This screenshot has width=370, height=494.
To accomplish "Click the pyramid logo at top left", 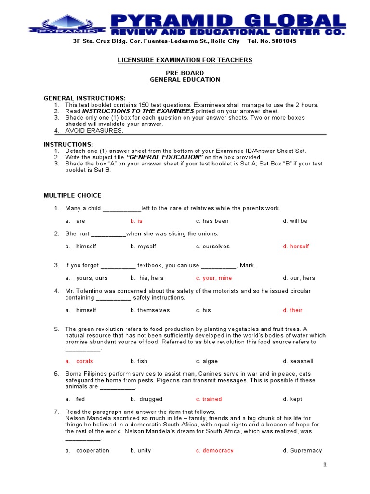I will (x=66, y=24).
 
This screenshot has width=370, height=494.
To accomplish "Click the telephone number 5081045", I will (x=283, y=41).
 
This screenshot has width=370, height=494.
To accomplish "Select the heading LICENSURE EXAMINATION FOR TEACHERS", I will (x=185, y=60).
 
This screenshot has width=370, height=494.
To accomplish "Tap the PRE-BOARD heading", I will (x=185, y=73).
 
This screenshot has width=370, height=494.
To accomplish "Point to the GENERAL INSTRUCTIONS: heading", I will (x=85, y=98).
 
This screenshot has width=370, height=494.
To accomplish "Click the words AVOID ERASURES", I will (x=94, y=131).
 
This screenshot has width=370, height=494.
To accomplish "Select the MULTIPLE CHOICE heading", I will (x=72, y=196).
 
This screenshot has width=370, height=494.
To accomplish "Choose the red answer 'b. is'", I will (x=136, y=221).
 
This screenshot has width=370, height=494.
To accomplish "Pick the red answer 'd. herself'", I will (x=296, y=247).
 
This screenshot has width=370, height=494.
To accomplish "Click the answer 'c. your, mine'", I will (x=213, y=278).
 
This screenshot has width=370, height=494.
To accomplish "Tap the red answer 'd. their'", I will (x=292, y=310).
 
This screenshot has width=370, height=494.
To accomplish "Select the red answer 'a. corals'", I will (x=79, y=361).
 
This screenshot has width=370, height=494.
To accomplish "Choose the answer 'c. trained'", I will (x=209, y=399).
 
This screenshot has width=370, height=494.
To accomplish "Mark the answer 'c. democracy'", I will (x=214, y=451).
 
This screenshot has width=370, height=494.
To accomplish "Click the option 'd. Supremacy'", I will (x=302, y=451).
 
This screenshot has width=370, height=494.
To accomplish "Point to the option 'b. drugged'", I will (x=146, y=399).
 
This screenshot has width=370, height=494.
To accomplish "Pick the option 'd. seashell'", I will (x=298, y=361).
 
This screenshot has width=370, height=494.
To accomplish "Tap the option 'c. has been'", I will (x=212, y=221).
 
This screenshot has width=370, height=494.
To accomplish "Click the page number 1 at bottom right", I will (x=325, y=465).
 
